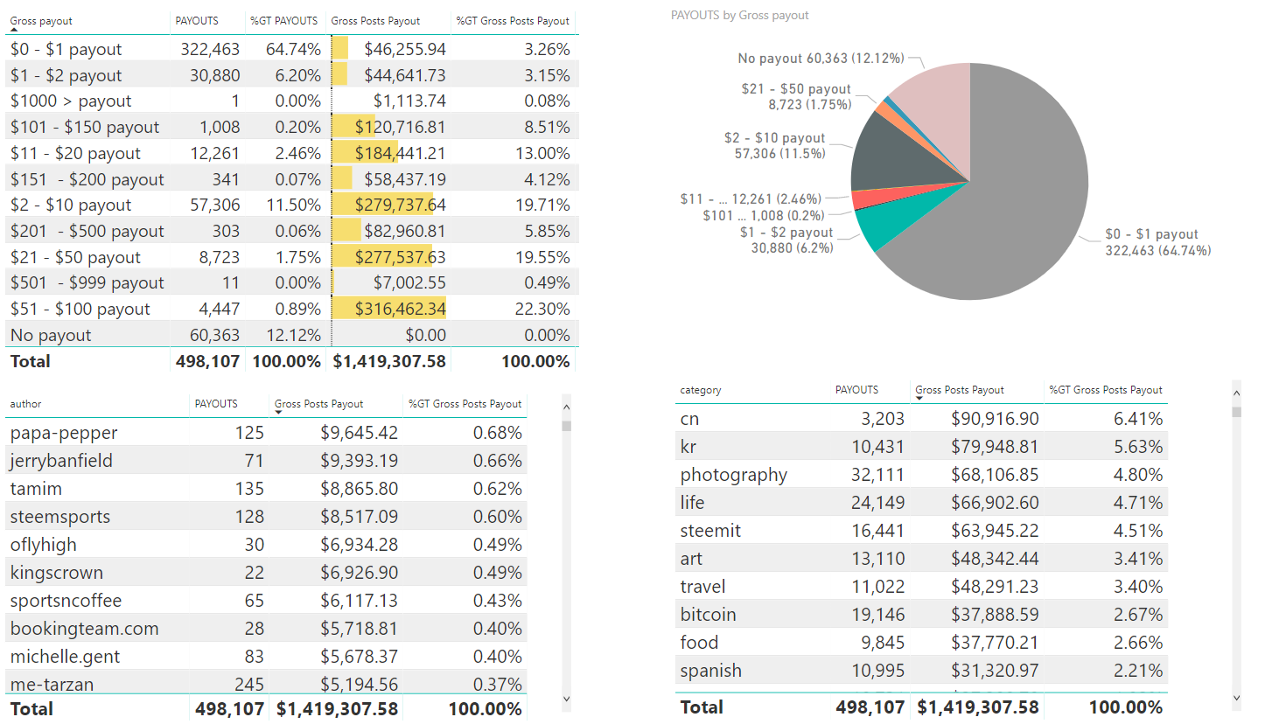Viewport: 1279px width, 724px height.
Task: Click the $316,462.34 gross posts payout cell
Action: coord(400,309)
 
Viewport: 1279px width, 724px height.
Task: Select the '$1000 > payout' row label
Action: coord(71,101)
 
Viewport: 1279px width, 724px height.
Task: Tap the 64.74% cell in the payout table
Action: coord(293,50)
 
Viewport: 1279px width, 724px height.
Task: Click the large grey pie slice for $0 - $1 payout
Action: coord(1006,227)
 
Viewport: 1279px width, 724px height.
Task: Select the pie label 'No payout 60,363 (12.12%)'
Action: coord(821,59)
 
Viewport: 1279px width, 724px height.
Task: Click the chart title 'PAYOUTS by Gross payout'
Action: coord(739,16)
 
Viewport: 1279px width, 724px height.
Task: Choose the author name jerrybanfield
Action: coord(61,461)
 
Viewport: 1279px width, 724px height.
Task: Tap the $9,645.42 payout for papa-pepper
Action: coord(359,433)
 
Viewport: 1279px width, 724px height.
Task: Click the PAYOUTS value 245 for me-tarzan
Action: coord(249,684)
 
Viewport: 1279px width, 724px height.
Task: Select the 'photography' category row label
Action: coord(733,475)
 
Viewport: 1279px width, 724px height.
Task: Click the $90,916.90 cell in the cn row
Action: coord(995,419)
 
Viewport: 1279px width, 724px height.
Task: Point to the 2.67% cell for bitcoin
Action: coord(1137,615)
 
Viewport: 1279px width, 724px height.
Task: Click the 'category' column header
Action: coord(701,390)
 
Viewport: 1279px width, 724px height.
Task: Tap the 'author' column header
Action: coord(25,404)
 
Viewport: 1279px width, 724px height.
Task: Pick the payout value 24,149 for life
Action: coord(877,503)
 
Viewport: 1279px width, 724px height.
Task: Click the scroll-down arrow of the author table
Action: coord(566,699)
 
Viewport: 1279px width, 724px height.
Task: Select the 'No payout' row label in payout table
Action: coord(51,335)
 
